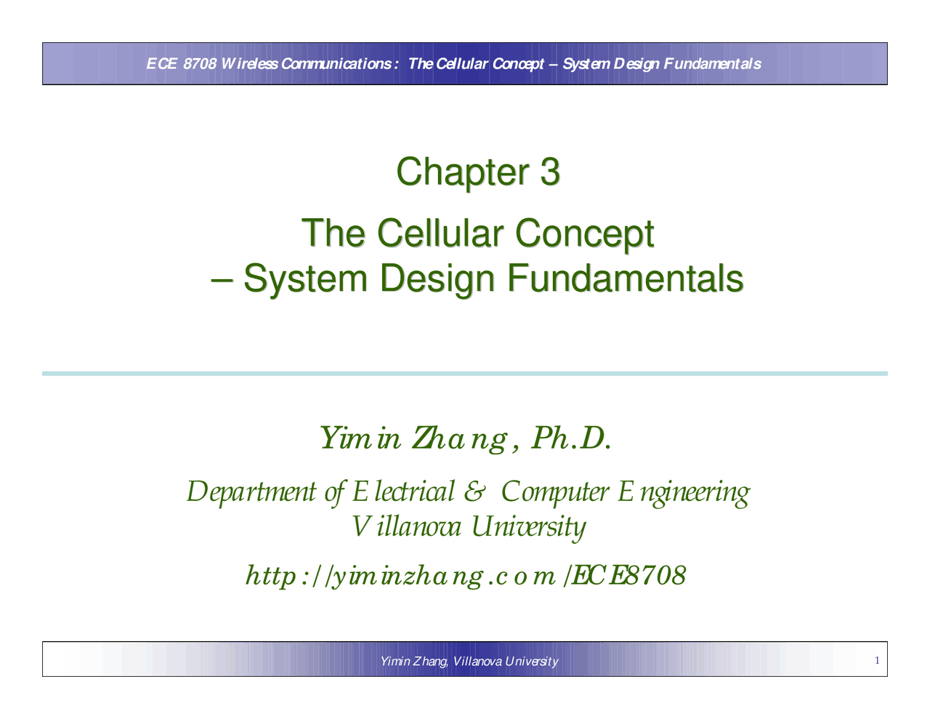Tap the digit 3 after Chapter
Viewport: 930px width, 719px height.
(x=550, y=172)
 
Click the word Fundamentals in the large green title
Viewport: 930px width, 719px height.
(x=624, y=278)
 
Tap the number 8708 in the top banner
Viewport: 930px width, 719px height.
(x=200, y=64)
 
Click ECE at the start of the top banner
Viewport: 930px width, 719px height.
(x=161, y=64)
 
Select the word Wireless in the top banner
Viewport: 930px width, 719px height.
(x=249, y=64)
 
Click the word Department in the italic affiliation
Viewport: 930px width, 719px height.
(x=251, y=492)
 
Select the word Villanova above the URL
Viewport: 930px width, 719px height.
(x=406, y=526)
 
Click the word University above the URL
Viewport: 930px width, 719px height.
(x=528, y=527)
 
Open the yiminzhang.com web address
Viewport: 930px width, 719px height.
(x=466, y=577)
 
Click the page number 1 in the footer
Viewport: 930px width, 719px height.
(x=877, y=661)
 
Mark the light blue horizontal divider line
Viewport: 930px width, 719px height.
(x=465, y=374)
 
